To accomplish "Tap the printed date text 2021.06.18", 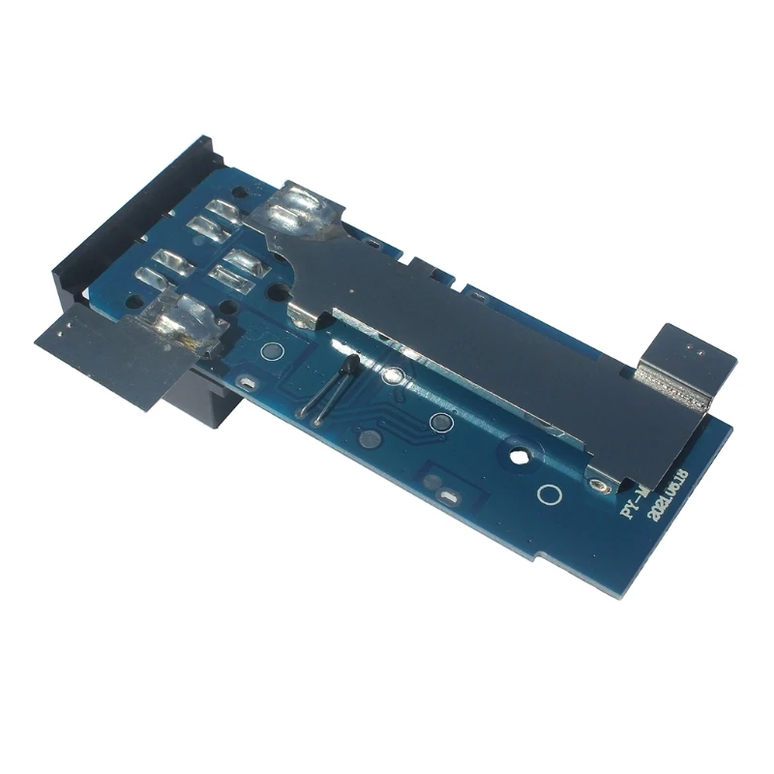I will [669, 494].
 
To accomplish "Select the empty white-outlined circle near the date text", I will [549, 495].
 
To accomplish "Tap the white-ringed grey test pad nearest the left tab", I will [272, 350].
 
